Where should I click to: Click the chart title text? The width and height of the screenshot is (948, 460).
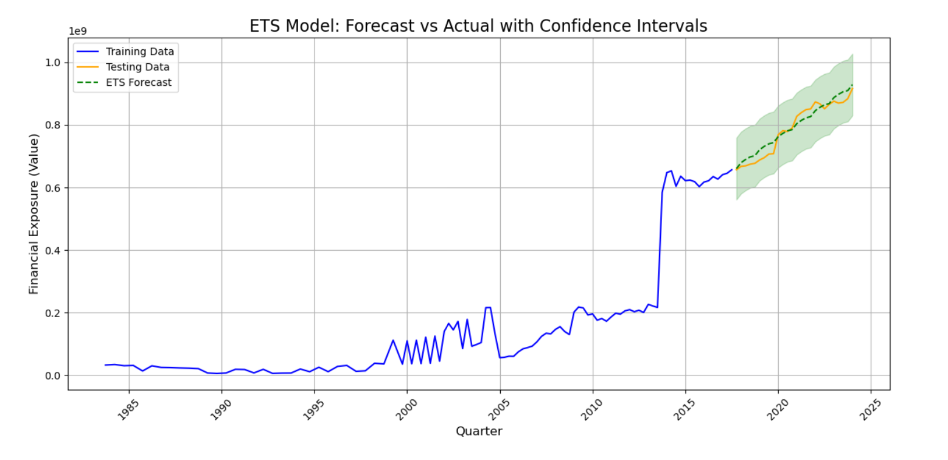478,26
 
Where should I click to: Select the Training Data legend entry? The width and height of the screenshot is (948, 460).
139,52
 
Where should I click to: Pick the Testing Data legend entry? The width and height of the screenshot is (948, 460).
137,67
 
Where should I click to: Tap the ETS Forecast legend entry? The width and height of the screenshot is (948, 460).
138,83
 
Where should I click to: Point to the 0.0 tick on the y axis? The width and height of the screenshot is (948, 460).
54,375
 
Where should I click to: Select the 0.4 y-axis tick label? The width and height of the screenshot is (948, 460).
54,250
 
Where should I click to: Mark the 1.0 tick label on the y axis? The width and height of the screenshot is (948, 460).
54,63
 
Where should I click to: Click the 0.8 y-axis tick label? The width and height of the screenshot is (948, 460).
54,125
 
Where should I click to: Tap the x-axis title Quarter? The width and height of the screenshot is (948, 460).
479,431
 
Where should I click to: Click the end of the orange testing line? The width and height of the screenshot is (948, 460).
852,88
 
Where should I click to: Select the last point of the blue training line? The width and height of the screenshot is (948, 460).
732,170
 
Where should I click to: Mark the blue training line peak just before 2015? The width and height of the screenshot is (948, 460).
671,171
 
